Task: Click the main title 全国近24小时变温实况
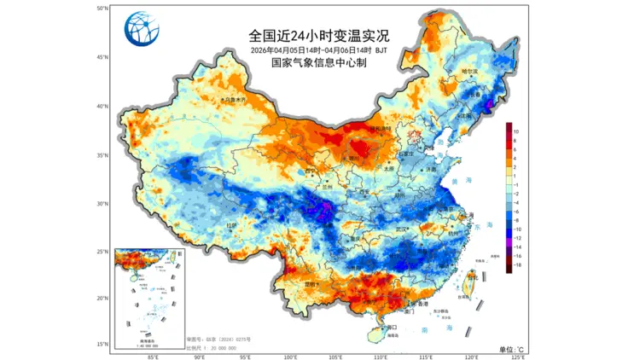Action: tap(318, 35)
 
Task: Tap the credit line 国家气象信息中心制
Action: tap(318, 62)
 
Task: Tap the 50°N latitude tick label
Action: tap(102, 9)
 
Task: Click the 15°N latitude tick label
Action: tap(102, 344)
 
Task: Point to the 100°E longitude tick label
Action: tap(290, 357)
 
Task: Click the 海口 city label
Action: tap(393, 327)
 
